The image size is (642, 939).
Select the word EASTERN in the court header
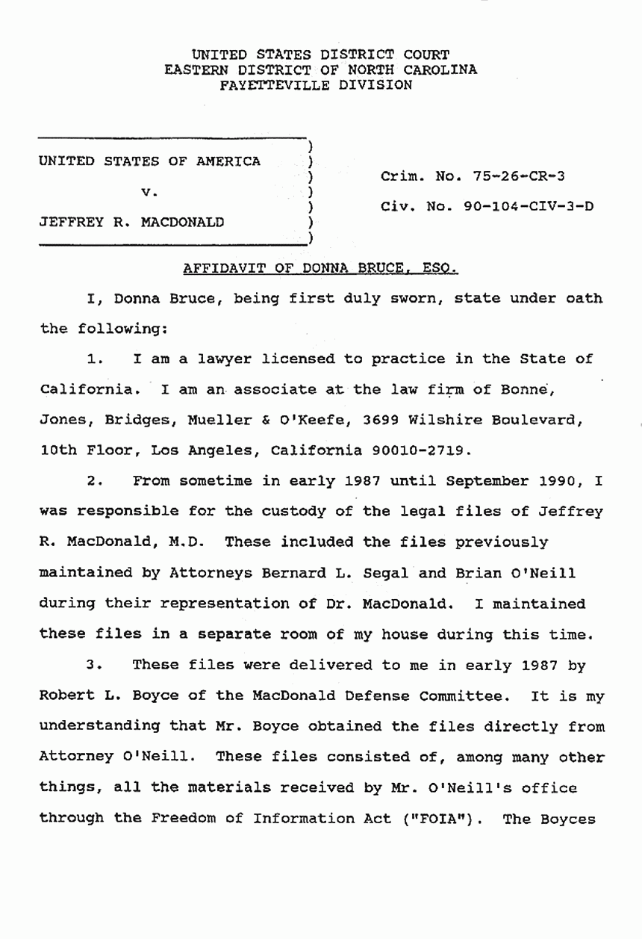196,69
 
